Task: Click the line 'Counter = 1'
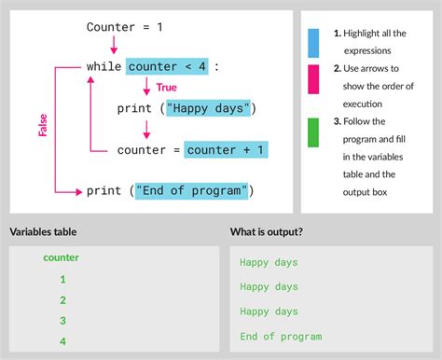click(124, 27)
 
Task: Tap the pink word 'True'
click(167, 87)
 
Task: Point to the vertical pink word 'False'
click(43, 126)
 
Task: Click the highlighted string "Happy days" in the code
click(209, 108)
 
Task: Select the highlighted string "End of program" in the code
click(193, 190)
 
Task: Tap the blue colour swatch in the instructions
click(313, 43)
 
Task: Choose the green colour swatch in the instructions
click(313, 132)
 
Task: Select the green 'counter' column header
click(62, 257)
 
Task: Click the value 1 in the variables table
click(62, 279)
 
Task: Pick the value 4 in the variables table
click(62, 341)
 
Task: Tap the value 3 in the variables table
click(62, 321)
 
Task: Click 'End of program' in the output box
click(281, 337)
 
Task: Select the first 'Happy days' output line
click(269, 263)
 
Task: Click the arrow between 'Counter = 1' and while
click(114, 45)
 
